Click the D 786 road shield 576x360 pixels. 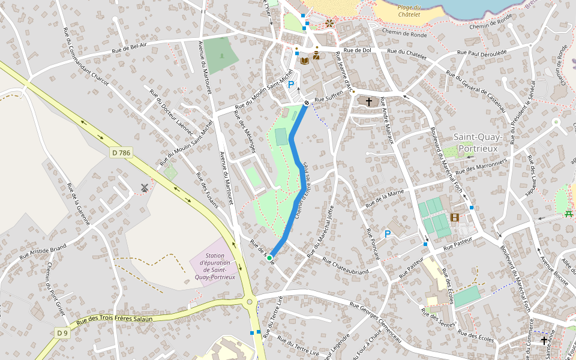point(121,153)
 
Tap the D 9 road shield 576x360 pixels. point(62,332)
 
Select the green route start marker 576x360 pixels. point(269,258)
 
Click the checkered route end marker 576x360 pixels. point(307,103)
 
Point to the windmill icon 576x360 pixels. point(144,188)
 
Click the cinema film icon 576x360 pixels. point(454,217)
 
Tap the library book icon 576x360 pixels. point(305,60)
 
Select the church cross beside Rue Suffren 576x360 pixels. point(368,102)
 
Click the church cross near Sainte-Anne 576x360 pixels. point(544,340)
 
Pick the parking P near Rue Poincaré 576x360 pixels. point(388,233)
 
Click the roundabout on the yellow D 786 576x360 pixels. point(250,302)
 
